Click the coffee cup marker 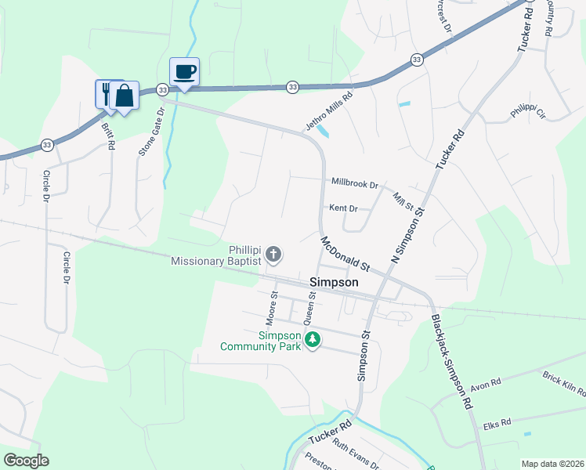(x=184, y=72)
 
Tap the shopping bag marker (x=125, y=95)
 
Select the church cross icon (x=273, y=253)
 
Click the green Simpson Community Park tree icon (x=313, y=339)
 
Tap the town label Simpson (x=334, y=282)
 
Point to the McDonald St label (x=344, y=251)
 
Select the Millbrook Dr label (x=355, y=183)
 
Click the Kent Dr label (x=343, y=208)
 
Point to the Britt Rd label (x=107, y=134)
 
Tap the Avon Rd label (x=485, y=386)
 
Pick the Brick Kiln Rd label (x=564, y=385)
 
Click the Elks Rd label (x=497, y=422)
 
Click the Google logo (x=26, y=461)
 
